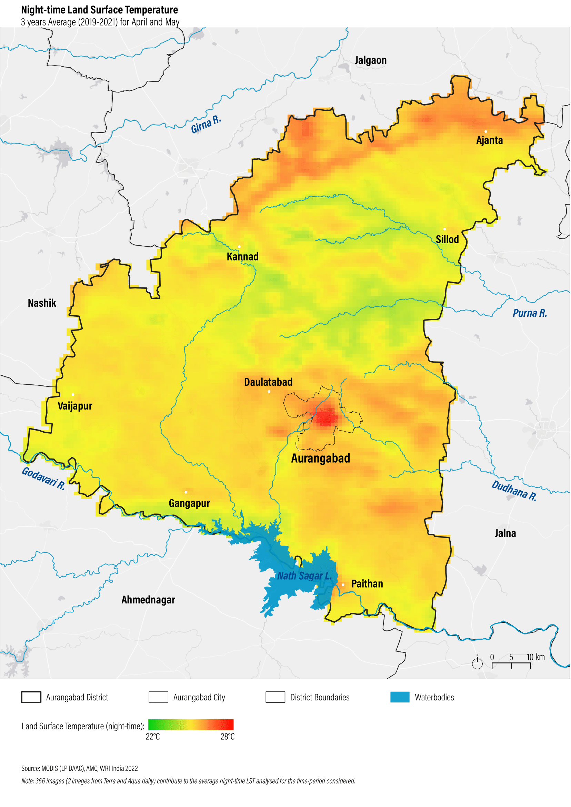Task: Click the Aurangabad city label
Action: point(320,459)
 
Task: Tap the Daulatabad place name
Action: point(268,382)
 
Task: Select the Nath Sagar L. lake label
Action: point(304,576)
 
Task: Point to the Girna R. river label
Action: point(206,124)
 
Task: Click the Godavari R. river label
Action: point(43,479)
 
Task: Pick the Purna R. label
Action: point(530,313)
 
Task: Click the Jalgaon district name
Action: point(371,60)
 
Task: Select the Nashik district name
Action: point(42,303)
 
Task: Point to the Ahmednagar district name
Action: point(148,600)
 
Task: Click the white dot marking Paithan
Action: point(343,585)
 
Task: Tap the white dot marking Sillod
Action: point(445,229)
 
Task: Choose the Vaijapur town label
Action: point(75,406)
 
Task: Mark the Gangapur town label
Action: point(189,503)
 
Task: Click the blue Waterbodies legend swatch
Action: point(400,697)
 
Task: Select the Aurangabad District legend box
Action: point(31,697)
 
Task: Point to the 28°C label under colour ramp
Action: point(228,737)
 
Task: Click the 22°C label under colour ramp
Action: point(153,737)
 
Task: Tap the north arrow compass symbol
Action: point(477,662)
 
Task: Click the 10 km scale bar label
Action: point(535,657)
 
